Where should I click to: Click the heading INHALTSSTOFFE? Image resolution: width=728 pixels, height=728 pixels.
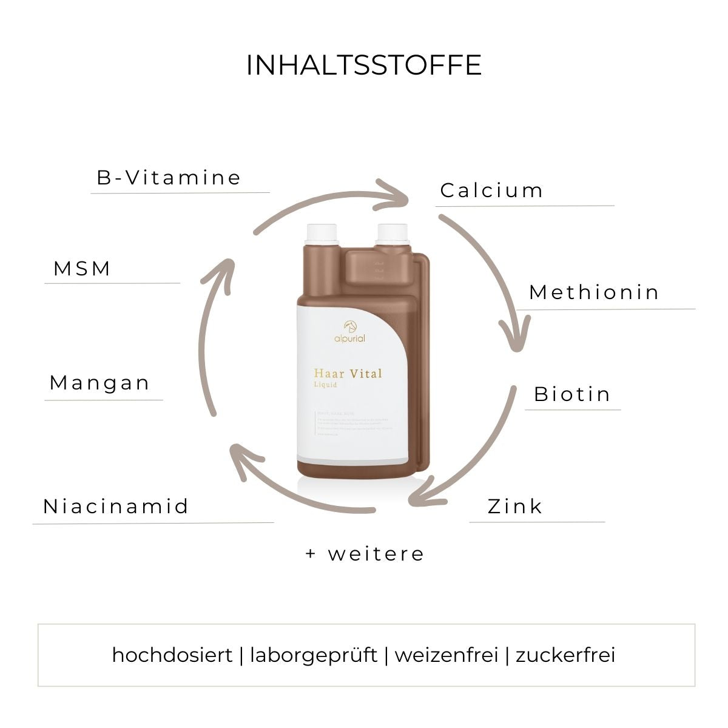[363, 66]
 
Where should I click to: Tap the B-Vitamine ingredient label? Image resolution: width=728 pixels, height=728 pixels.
[169, 178]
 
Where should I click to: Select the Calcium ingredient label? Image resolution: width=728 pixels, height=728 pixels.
[491, 190]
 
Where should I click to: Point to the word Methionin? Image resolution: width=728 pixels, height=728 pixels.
[594, 292]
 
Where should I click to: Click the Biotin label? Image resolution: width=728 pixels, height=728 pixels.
[572, 394]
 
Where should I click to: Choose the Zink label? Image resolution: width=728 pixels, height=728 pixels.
[514, 506]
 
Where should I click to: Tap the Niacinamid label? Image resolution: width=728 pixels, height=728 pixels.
[116, 506]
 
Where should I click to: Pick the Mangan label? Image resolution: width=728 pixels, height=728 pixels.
[99, 383]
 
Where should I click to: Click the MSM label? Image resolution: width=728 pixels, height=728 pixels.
[82, 268]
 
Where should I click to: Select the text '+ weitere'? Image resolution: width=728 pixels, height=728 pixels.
[365, 554]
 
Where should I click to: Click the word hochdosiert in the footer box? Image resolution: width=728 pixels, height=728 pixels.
[172, 655]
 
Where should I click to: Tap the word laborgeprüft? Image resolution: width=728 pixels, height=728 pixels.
[314, 655]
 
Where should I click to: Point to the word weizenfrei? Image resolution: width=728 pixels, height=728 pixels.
[447, 655]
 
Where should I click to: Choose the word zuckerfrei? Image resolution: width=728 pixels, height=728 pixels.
[565, 655]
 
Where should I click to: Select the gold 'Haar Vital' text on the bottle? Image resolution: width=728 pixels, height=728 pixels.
[348, 373]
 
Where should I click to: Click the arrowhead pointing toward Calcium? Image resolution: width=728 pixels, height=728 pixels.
[397, 192]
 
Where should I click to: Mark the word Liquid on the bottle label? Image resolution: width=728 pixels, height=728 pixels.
[325, 385]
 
